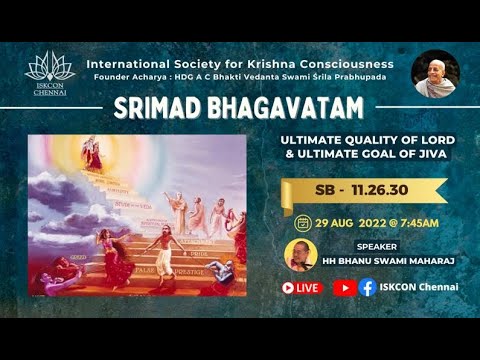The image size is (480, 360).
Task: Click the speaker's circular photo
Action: click(298, 254)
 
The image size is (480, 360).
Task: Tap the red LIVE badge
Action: click(301, 287)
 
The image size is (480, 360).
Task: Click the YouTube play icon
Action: click(342, 287)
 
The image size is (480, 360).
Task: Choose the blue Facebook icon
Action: click(368, 287)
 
